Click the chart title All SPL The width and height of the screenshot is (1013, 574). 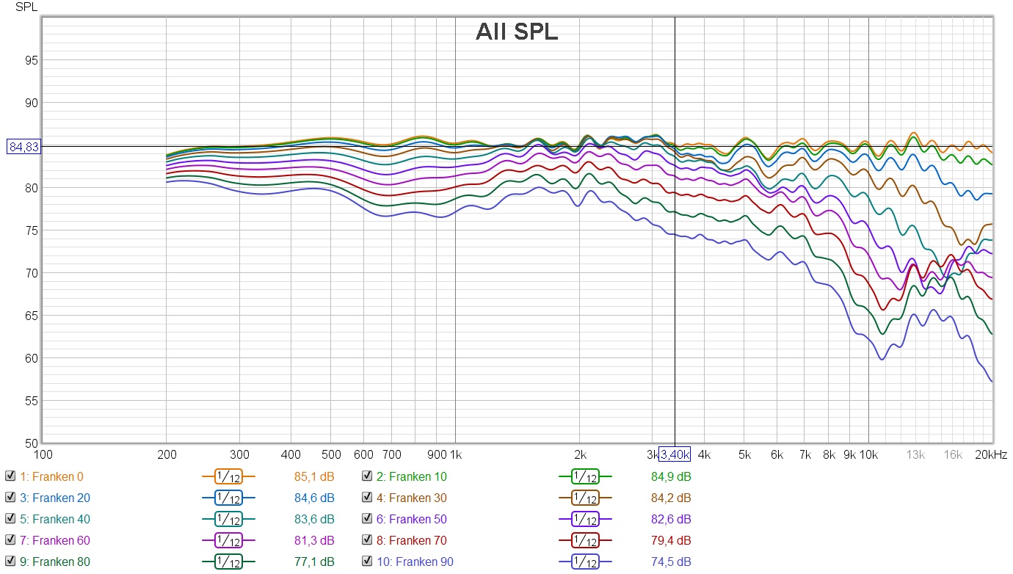517,32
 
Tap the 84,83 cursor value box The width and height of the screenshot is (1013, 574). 23,147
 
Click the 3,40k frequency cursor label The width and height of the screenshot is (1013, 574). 674,454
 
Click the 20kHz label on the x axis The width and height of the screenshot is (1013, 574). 990,454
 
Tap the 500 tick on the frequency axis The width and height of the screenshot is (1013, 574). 331,454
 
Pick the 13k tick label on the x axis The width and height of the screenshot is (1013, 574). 915,454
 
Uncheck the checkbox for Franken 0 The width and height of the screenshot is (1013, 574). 10,476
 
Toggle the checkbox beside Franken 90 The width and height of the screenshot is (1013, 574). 366,562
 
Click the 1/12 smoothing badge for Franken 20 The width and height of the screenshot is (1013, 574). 228,498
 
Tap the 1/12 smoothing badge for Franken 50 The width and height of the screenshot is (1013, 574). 585,519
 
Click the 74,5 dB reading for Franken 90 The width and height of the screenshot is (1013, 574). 671,562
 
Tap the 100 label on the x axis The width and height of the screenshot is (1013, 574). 43,454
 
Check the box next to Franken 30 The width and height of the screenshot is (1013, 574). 366,498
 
